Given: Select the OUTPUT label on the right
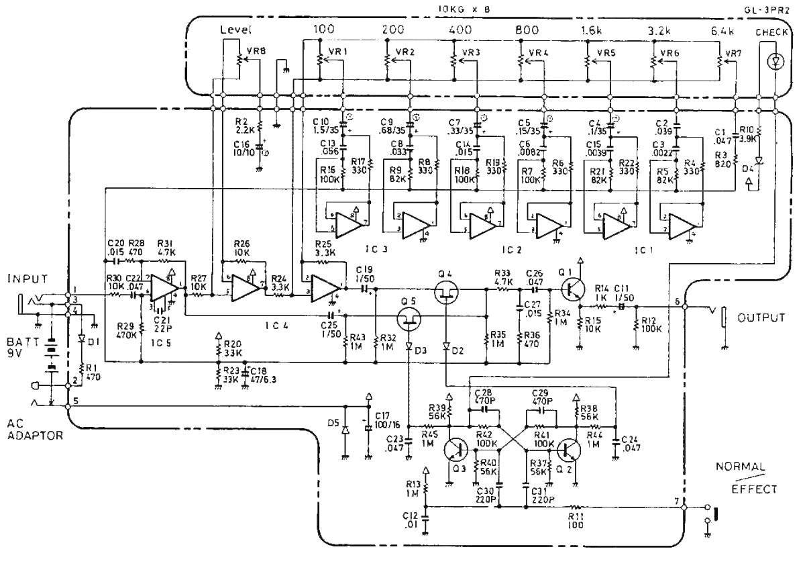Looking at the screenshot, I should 761,318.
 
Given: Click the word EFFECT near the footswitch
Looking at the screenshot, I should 753,489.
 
